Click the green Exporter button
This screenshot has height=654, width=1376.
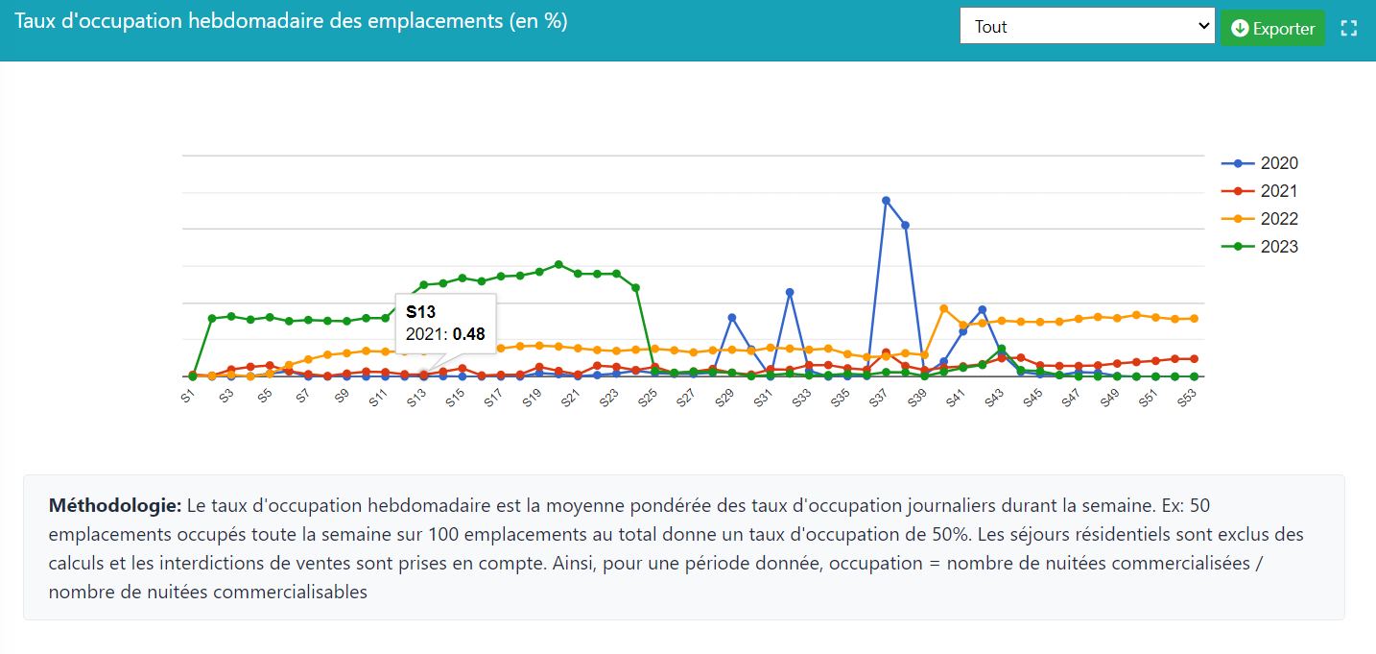point(1272,28)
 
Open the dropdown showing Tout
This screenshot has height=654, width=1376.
point(1087,27)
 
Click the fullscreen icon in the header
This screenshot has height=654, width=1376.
point(1349,28)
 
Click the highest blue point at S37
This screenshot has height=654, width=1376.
point(886,200)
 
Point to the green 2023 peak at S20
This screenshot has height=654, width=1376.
point(558,264)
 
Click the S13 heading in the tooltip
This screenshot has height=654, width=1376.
point(420,312)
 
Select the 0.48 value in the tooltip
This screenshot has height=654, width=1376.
point(469,334)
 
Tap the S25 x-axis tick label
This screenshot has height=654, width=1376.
point(648,398)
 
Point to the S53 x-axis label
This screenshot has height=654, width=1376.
point(1187,398)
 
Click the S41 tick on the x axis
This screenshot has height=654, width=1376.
point(956,398)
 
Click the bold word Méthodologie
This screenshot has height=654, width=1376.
point(114,505)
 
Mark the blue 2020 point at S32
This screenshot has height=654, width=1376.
point(790,292)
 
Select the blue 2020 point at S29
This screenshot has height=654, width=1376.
point(732,317)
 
